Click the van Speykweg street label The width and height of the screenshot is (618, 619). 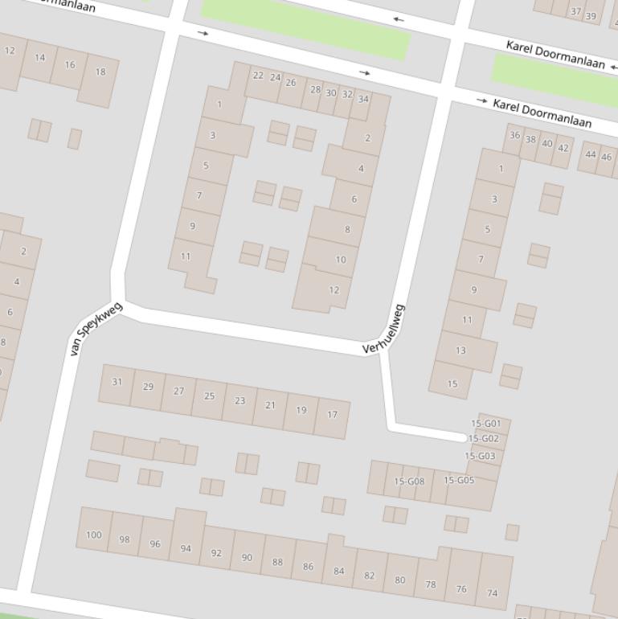click(x=96, y=328)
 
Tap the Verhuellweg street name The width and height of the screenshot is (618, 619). click(x=383, y=329)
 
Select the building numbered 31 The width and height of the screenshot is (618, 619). click(x=117, y=382)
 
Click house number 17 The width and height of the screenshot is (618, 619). click(x=332, y=415)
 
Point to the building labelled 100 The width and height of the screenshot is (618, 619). click(x=94, y=535)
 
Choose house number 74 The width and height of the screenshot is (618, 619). click(x=492, y=593)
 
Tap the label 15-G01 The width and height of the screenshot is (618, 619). click(x=486, y=424)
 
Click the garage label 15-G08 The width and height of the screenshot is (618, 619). click(x=409, y=482)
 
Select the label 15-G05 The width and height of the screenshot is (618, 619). click(x=459, y=480)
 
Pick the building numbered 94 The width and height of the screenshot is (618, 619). click(x=186, y=548)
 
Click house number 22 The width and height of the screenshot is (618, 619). click(x=258, y=76)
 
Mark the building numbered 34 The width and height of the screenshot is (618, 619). click(x=363, y=99)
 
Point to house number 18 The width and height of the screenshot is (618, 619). click(x=100, y=72)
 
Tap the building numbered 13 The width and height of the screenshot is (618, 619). click(x=460, y=350)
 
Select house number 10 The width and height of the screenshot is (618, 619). click(x=341, y=260)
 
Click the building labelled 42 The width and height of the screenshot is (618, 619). click(x=563, y=147)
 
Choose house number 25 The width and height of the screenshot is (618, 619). click(x=210, y=396)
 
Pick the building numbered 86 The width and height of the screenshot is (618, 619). click(x=308, y=567)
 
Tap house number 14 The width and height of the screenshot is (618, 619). click(x=40, y=57)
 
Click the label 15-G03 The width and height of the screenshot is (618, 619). click(x=480, y=456)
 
